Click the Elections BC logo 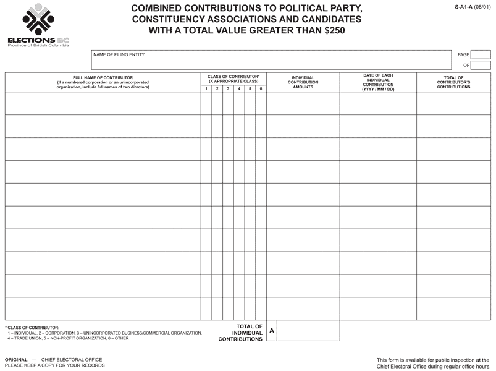(x=38, y=25)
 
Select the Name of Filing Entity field (x=272, y=60)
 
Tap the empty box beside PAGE (x=481, y=55)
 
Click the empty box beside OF (x=481, y=65)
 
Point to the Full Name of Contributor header (x=103, y=82)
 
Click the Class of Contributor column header (x=233, y=79)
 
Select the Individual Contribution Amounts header (x=303, y=82)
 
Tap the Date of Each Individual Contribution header (x=378, y=82)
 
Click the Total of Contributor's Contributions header (x=453, y=82)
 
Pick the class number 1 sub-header (x=206, y=89)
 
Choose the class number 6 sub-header (x=261, y=89)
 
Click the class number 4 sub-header (x=239, y=89)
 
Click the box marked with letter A (x=272, y=331)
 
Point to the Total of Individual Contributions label (x=241, y=333)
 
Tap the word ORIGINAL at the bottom (x=16, y=360)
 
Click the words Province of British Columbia (x=38, y=46)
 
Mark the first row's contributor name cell (x=103, y=103)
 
